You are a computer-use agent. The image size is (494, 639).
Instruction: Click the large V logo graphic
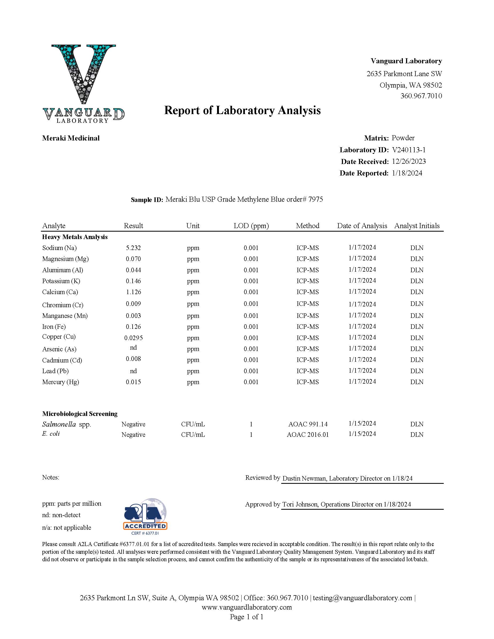(x=83, y=73)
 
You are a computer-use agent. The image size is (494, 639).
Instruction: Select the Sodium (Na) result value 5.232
(x=133, y=248)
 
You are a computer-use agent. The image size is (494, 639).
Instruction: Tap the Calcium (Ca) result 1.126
(x=133, y=292)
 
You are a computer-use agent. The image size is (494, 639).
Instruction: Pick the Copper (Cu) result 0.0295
(x=133, y=338)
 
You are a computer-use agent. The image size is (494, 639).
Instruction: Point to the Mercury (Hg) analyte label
(x=61, y=382)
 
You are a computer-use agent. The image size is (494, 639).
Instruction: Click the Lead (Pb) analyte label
(x=55, y=371)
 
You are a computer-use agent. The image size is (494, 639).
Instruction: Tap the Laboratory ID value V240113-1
(x=409, y=150)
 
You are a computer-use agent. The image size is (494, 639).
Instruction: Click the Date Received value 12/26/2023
(x=409, y=162)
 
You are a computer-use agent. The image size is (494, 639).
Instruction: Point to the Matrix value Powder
(x=403, y=138)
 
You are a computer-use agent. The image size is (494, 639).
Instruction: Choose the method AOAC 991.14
(x=308, y=424)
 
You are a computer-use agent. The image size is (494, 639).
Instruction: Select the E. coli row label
(x=51, y=434)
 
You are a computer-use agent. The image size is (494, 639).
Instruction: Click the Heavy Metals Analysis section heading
(x=75, y=237)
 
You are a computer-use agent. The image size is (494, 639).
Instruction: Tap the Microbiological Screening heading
(x=80, y=414)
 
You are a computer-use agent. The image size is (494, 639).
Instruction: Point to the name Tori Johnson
(x=300, y=504)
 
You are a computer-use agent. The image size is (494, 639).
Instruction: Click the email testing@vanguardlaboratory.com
(x=362, y=598)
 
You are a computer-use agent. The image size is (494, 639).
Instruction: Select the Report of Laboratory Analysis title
(x=242, y=110)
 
